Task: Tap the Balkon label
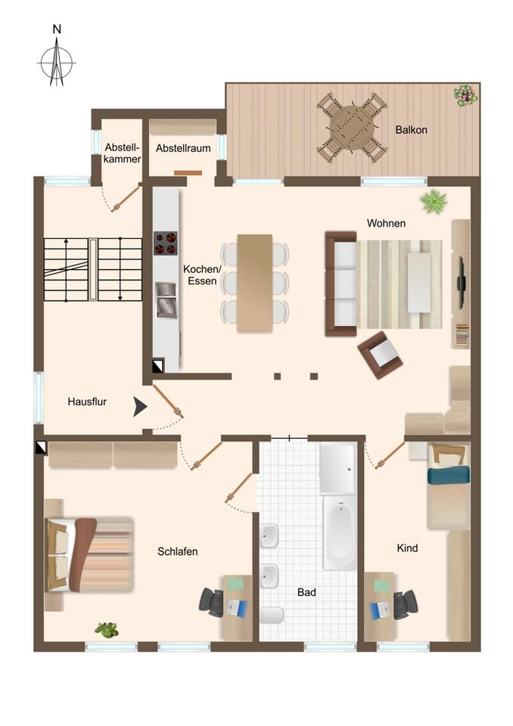[x=411, y=129]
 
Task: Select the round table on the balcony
[x=352, y=127]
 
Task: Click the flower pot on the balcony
[x=465, y=95]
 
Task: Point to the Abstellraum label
[x=183, y=148]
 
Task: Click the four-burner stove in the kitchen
[x=166, y=243]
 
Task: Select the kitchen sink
[x=166, y=300]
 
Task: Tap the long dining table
[x=255, y=283]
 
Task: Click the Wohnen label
[x=386, y=223]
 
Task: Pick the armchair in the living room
[x=380, y=355]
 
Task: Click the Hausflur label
[x=87, y=402]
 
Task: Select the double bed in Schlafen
[x=89, y=554]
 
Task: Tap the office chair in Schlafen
[x=213, y=601]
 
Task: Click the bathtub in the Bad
[x=340, y=532]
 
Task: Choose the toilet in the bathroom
[x=272, y=616]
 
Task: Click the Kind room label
[x=407, y=548]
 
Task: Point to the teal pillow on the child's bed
[x=449, y=475]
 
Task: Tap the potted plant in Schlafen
[x=107, y=629]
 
